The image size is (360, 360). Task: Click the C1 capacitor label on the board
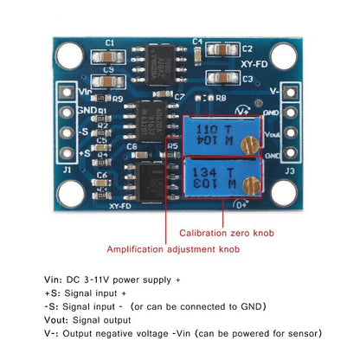click(109, 42)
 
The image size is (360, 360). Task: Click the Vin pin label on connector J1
click(85, 92)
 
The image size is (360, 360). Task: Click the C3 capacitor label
click(247, 79)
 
